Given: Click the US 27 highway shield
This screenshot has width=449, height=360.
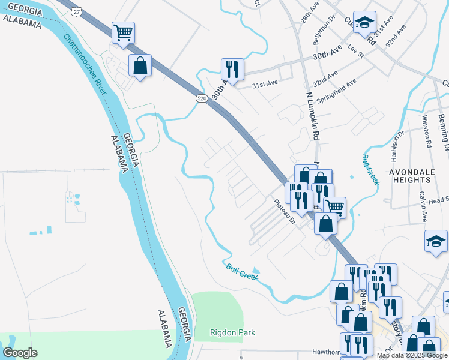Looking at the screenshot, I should (x=76, y=11).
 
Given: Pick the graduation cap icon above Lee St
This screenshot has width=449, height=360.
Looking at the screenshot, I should (x=364, y=22).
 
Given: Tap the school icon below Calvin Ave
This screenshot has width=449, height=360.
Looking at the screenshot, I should (x=436, y=241).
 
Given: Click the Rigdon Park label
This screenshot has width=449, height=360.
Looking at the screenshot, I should (x=232, y=332).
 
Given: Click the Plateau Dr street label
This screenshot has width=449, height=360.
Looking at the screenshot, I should (x=285, y=212).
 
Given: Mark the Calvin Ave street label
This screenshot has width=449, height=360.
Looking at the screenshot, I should (x=423, y=206).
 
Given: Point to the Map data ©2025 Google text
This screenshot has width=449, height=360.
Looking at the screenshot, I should (x=412, y=355).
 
